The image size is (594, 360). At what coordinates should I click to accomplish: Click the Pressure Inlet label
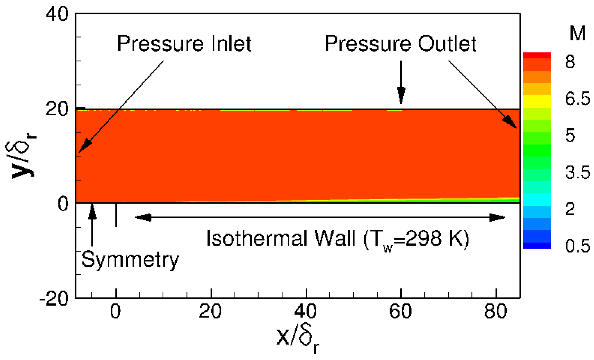click(184, 44)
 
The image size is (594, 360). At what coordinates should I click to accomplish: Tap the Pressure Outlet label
click(400, 44)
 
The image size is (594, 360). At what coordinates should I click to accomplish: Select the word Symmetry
click(130, 259)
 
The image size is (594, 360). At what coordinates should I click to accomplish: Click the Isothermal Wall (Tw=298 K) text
click(337, 239)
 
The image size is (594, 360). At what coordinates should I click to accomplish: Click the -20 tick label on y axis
click(54, 298)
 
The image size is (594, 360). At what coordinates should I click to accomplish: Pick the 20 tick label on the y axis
click(57, 108)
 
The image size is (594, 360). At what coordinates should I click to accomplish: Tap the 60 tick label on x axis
click(400, 311)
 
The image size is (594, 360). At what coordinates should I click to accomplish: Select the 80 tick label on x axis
click(496, 311)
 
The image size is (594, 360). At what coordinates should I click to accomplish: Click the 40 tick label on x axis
click(306, 311)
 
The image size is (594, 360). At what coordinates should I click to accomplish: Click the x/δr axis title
click(298, 339)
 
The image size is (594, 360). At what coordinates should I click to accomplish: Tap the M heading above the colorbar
click(577, 34)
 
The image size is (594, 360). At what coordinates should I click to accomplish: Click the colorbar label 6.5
click(577, 99)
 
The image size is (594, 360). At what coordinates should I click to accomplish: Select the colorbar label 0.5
click(577, 246)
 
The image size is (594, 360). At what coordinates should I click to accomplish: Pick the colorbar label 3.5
click(577, 173)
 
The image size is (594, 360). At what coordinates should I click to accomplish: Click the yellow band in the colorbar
click(537, 101)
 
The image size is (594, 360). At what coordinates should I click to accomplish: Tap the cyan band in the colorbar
click(537, 199)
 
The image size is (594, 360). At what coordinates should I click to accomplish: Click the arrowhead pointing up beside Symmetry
click(92, 211)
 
